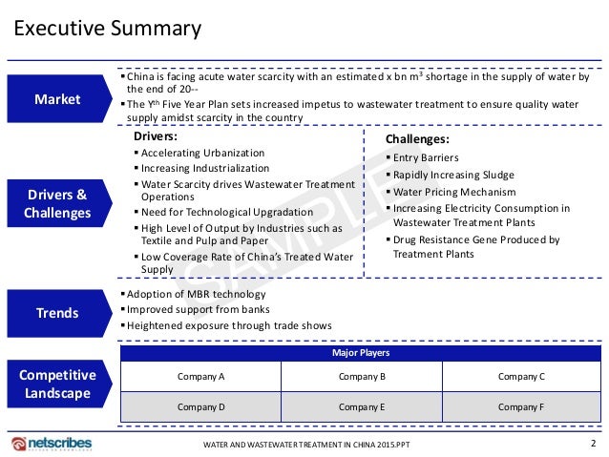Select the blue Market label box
point(56,99)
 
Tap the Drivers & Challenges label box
point(56,203)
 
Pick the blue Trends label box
point(56,312)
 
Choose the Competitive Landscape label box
point(56,384)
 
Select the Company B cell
point(362,377)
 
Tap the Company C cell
point(521,377)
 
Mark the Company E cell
point(362,407)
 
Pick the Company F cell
point(521,407)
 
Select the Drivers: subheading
point(156,136)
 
